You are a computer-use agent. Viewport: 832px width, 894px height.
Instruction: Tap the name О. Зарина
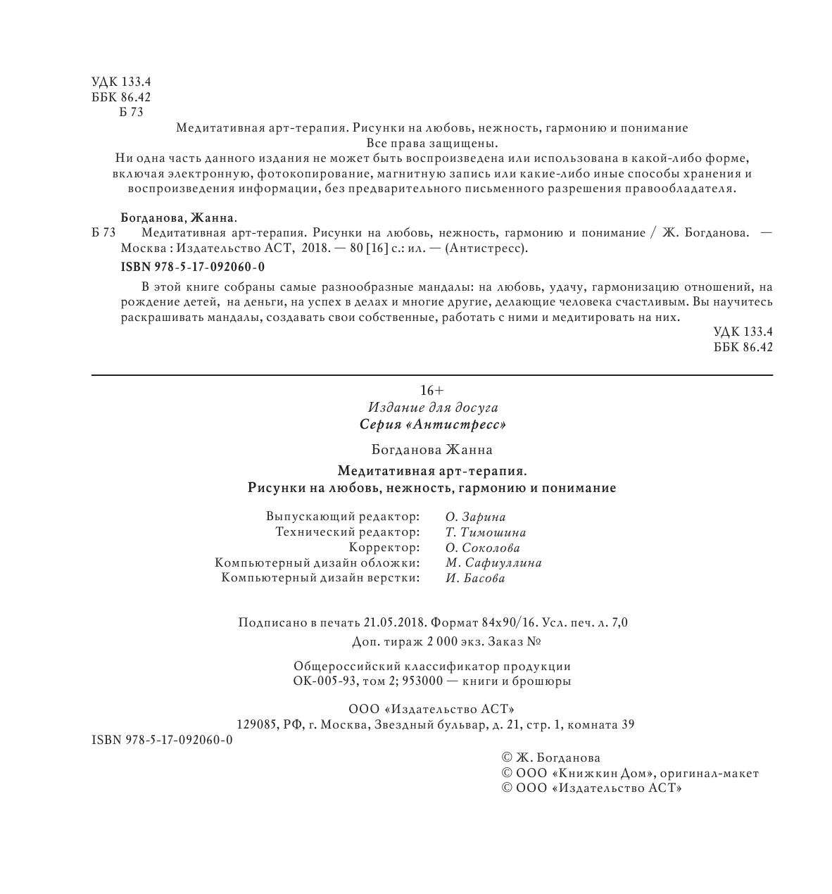[475, 517]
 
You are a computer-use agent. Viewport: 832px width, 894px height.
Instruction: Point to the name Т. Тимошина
[486, 532]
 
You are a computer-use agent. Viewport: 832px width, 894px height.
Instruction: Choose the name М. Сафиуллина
[493, 562]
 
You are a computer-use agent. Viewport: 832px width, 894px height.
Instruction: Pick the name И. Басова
[475, 578]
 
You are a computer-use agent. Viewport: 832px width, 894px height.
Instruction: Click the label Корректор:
[384, 548]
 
